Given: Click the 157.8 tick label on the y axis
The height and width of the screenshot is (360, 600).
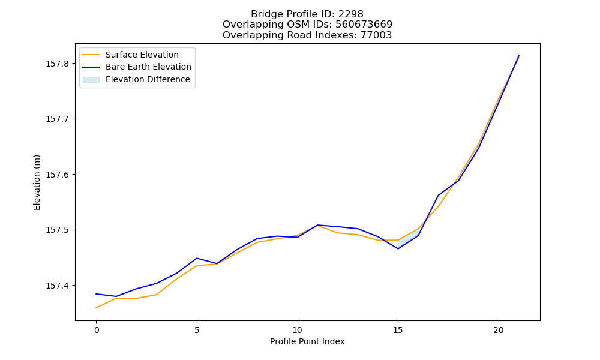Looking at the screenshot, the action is pyautogui.click(x=58, y=64).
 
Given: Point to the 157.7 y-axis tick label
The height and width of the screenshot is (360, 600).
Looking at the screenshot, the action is pyautogui.click(x=58, y=119).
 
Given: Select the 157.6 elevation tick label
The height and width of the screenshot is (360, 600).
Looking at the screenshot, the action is pyautogui.click(x=58, y=175).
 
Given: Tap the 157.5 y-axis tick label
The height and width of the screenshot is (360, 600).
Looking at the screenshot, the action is pyautogui.click(x=58, y=230).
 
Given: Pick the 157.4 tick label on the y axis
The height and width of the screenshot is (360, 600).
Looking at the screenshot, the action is pyautogui.click(x=58, y=286).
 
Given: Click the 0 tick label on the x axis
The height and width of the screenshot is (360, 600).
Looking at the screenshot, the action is pyautogui.click(x=97, y=330).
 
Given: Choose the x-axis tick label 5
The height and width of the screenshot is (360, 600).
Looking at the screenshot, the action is pyautogui.click(x=197, y=330).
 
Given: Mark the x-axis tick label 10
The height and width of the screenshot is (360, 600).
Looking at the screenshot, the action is pyautogui.click(x=298, y=330).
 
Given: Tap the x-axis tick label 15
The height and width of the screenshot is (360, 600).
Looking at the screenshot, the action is pyautogui.click(x=398, y=330).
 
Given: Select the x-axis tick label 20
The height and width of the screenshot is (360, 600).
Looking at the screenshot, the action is pyautogui.click(x=498, y=330).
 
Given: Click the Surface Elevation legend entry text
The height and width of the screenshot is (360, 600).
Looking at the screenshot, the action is pyautogui.click(x=142, y=55).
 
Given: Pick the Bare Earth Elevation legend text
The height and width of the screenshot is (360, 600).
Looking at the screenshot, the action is pyautogui.click(x=148, y=67).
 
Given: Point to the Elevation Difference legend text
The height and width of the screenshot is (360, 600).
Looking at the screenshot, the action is pyautogui.click(x=148, y=79).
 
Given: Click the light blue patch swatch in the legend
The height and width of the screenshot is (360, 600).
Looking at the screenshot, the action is pyautogui.click(x=91, y=80).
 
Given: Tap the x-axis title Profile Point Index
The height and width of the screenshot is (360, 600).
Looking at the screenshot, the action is pyautogui.click(x=307, y=341).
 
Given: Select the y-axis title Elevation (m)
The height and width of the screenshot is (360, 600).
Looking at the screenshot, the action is pyautogui.click(x=37, y=182).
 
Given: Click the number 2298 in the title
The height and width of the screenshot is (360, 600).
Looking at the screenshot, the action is pyautogui.click(x=351, y=14).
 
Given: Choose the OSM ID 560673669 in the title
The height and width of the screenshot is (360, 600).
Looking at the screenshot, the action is pyautogui.click(x=364, y=25).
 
